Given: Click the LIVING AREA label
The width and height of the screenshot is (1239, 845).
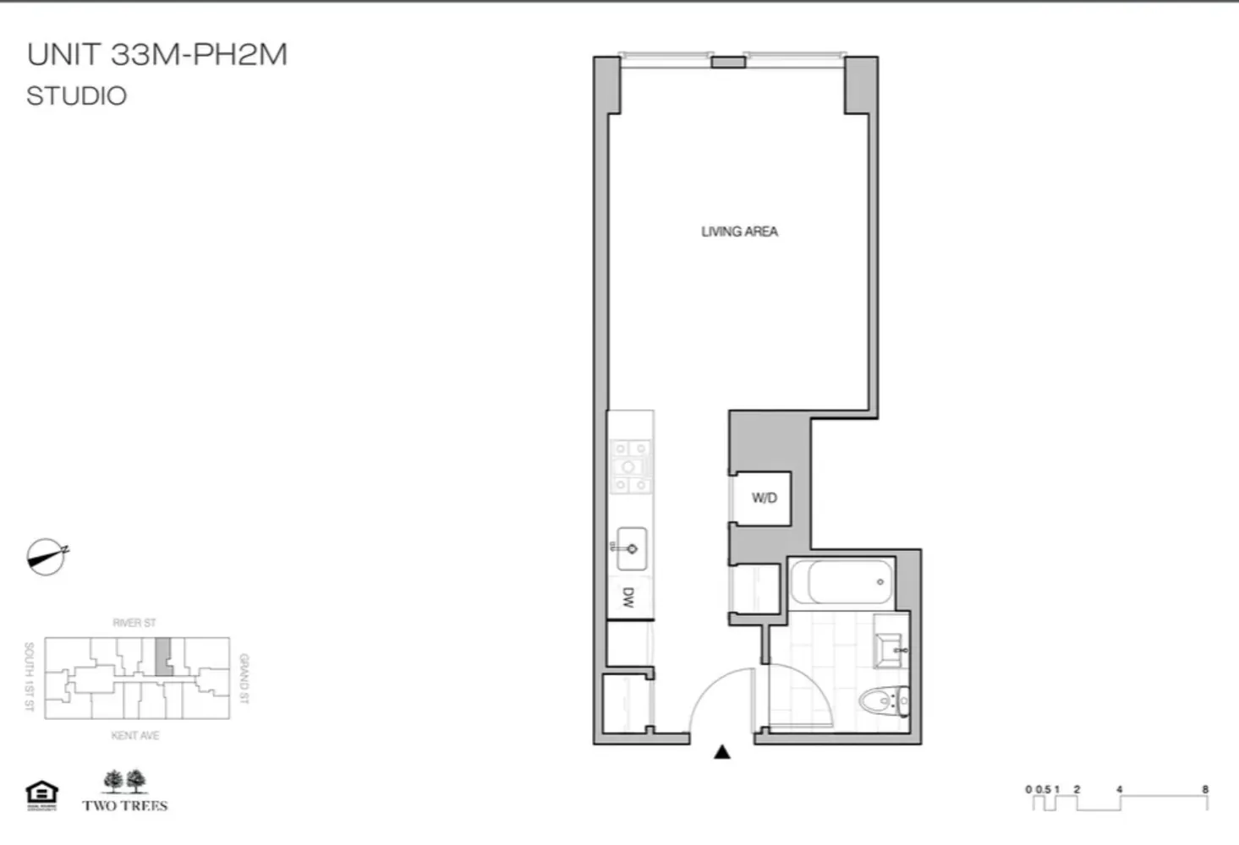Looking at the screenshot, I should pos(739,232).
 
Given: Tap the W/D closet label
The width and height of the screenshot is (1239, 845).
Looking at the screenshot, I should pos(764,498).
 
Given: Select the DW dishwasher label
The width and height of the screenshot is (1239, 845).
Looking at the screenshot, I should pos(628,598).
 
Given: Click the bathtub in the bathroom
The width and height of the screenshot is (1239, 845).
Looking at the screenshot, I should pos(842,581).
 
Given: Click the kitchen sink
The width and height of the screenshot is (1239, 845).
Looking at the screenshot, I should pos(631,548).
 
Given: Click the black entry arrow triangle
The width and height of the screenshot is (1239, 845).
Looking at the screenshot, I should pos(721,751).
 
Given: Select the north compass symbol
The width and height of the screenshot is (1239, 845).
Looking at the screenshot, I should pos(46,557).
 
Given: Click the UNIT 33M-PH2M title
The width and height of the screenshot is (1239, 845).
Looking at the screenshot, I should pos(157,55).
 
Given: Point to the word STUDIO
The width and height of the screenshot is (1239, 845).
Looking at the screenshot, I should pos(76,96).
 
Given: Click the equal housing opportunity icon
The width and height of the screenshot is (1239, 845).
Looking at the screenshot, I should pos(41,795).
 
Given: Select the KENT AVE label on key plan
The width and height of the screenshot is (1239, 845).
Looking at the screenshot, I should pos(135,736).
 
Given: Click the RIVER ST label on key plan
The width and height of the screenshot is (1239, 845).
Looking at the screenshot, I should pos(134,623).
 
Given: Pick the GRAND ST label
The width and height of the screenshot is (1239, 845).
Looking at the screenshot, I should pos(244,679).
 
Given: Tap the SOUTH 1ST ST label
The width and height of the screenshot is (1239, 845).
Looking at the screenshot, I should pos(29,677).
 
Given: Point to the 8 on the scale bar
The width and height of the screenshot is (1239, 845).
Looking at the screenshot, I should pos(1205,789).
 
